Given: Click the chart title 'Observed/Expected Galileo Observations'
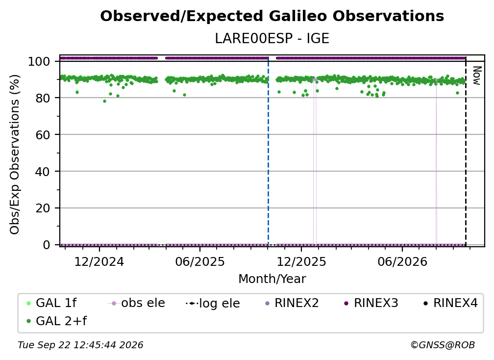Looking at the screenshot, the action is pyautogui.click(x=272, y=16).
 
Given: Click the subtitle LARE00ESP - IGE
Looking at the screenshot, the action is pyautogui.click(x=272, y=39).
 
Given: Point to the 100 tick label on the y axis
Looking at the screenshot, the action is pyautogui.click(x=39, y=61).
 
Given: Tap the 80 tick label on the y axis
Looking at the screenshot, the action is pyautogui.click(x=43, y=98).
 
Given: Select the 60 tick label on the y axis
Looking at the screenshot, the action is pyautogui.click(x=43, y=134).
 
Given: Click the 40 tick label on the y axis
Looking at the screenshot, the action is pyautogui.click(x=43, y=172).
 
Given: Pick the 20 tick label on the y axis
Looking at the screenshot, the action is pyautogui.click(x=43, y=208).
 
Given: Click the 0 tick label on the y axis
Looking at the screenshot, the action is pyautogui.click(x=47, y=245).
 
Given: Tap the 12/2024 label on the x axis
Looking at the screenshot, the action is pyautogui.click(x=99, y=261).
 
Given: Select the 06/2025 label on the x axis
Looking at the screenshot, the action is pyautogui.click(x=200, y=261).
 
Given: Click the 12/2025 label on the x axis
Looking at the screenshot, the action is pyautogui.click(x=301, y=261).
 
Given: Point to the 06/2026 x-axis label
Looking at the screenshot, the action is pyautogui.click(x=402, y=261).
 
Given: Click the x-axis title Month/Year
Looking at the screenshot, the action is pyautogui.click(x=272, y=279).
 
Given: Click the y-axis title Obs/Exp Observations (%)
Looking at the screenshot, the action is pyautogui.click(x=15, y=154).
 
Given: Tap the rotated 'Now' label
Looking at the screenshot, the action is pyautogui.click(x=477, y=76).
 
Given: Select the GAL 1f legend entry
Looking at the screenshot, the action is pyautogui.click(x=51, y=303).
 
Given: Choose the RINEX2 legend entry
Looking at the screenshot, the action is pyautogui.click(x=292, y=303).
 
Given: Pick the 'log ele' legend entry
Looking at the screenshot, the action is pyautogui.click(x=213, y=303).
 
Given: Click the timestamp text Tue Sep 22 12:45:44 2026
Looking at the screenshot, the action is pyautogui.click(x=80, y=345).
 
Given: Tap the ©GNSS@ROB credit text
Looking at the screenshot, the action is pyautogui.click(x=443, y=345).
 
